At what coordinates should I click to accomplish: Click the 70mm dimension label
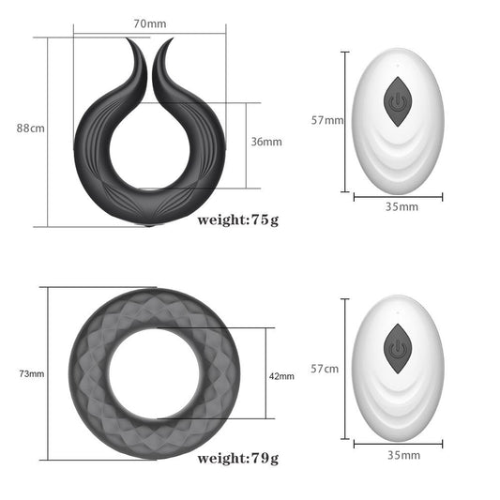coord(150,23)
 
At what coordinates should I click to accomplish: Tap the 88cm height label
coord(31,129)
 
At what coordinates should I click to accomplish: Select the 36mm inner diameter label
coord(266,142)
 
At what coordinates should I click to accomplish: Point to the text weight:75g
coord(238,220)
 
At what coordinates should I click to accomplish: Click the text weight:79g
coord(238,458)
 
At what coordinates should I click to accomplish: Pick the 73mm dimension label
coord(32,373)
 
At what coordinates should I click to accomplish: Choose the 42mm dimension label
coord(281,376)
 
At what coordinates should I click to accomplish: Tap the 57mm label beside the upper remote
coord(327,120)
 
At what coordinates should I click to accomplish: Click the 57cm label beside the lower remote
coord(325,369)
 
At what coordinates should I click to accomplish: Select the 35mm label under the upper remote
coord(402,206)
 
